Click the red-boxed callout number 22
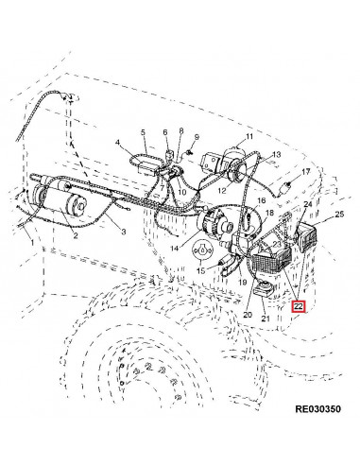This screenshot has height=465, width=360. point(299,306)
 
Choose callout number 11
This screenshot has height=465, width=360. point(250,138)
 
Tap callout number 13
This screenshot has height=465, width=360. point(276,155)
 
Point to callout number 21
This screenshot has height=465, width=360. point(267,319)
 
